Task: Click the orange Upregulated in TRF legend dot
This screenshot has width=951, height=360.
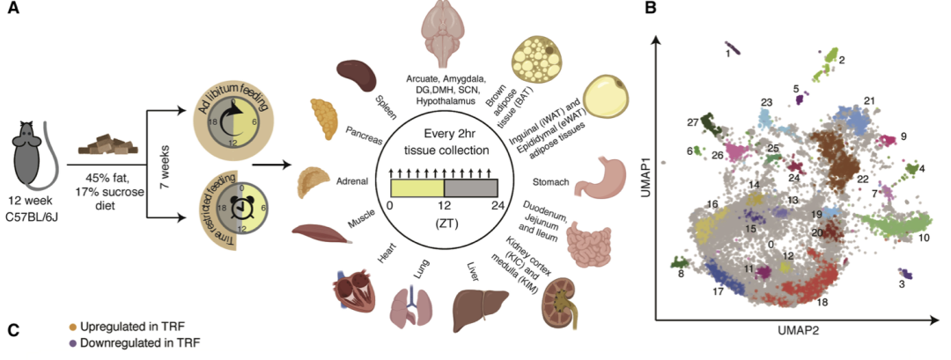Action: (x=74, y=327)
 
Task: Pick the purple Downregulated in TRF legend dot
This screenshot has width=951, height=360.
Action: (x=74, y=343)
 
